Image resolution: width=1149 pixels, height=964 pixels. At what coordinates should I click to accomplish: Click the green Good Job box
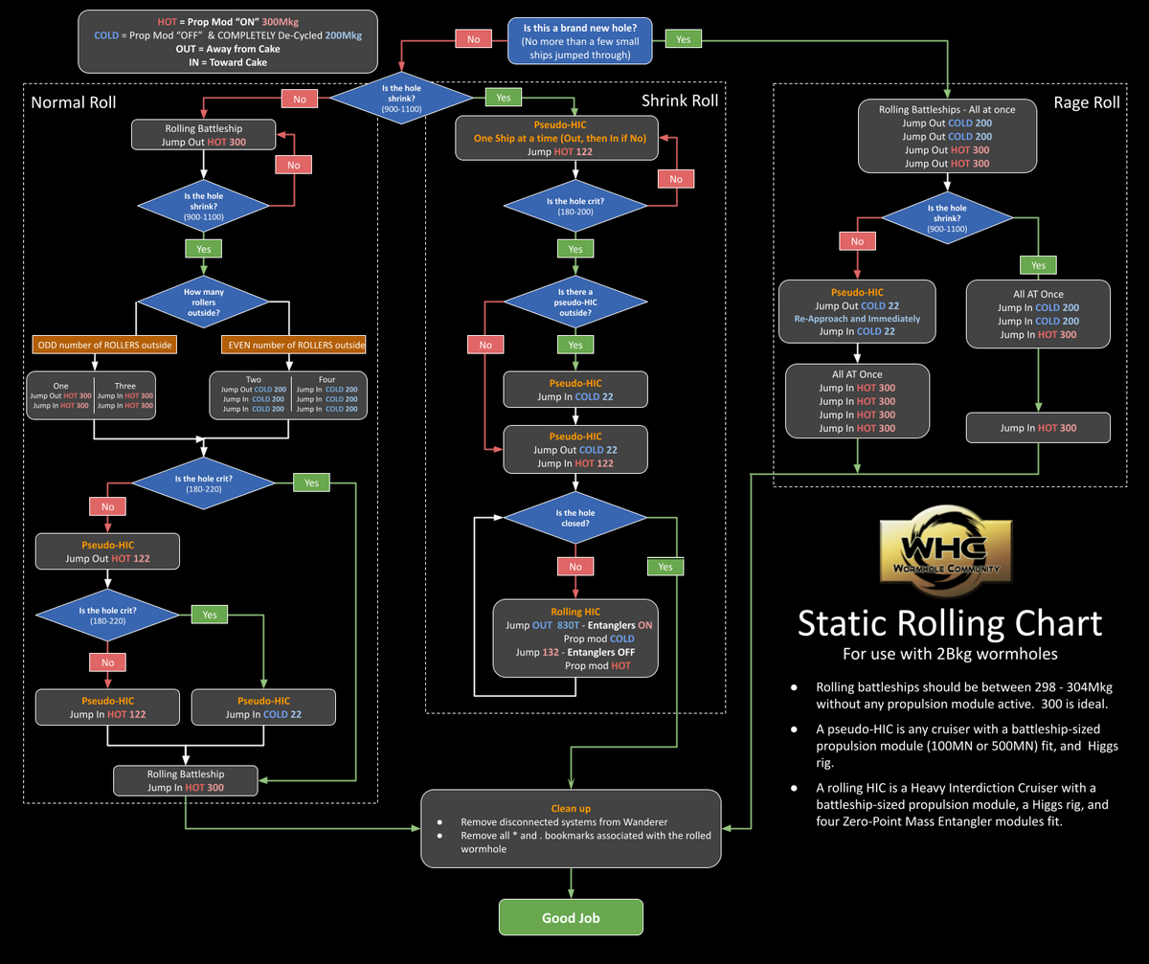coord(571,917)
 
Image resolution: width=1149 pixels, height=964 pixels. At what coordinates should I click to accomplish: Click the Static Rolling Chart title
coord(949,623)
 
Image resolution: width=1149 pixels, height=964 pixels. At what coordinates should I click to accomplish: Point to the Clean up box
coord(571,828)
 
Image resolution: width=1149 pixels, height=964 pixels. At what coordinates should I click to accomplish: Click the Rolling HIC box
coord(575,639)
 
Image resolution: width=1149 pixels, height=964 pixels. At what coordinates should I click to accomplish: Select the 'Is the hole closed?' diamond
coord(574,518)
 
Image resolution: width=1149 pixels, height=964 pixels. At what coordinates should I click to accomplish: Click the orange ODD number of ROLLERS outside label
coord(94,345)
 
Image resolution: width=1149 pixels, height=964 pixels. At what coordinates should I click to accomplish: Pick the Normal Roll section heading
coord(75,102)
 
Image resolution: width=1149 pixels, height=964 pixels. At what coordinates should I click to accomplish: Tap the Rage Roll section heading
coord(1086,102)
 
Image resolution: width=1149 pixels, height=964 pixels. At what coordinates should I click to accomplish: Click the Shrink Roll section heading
coord(679,101)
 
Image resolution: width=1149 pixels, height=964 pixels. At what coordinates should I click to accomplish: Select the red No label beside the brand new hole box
coord(473,40)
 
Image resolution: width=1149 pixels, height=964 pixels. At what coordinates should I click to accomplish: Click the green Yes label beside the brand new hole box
coord(683,40)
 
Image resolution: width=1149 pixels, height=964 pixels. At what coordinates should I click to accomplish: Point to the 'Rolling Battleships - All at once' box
coord(947,136)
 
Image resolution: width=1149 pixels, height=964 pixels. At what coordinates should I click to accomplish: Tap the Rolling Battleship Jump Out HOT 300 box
coord(203,135)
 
